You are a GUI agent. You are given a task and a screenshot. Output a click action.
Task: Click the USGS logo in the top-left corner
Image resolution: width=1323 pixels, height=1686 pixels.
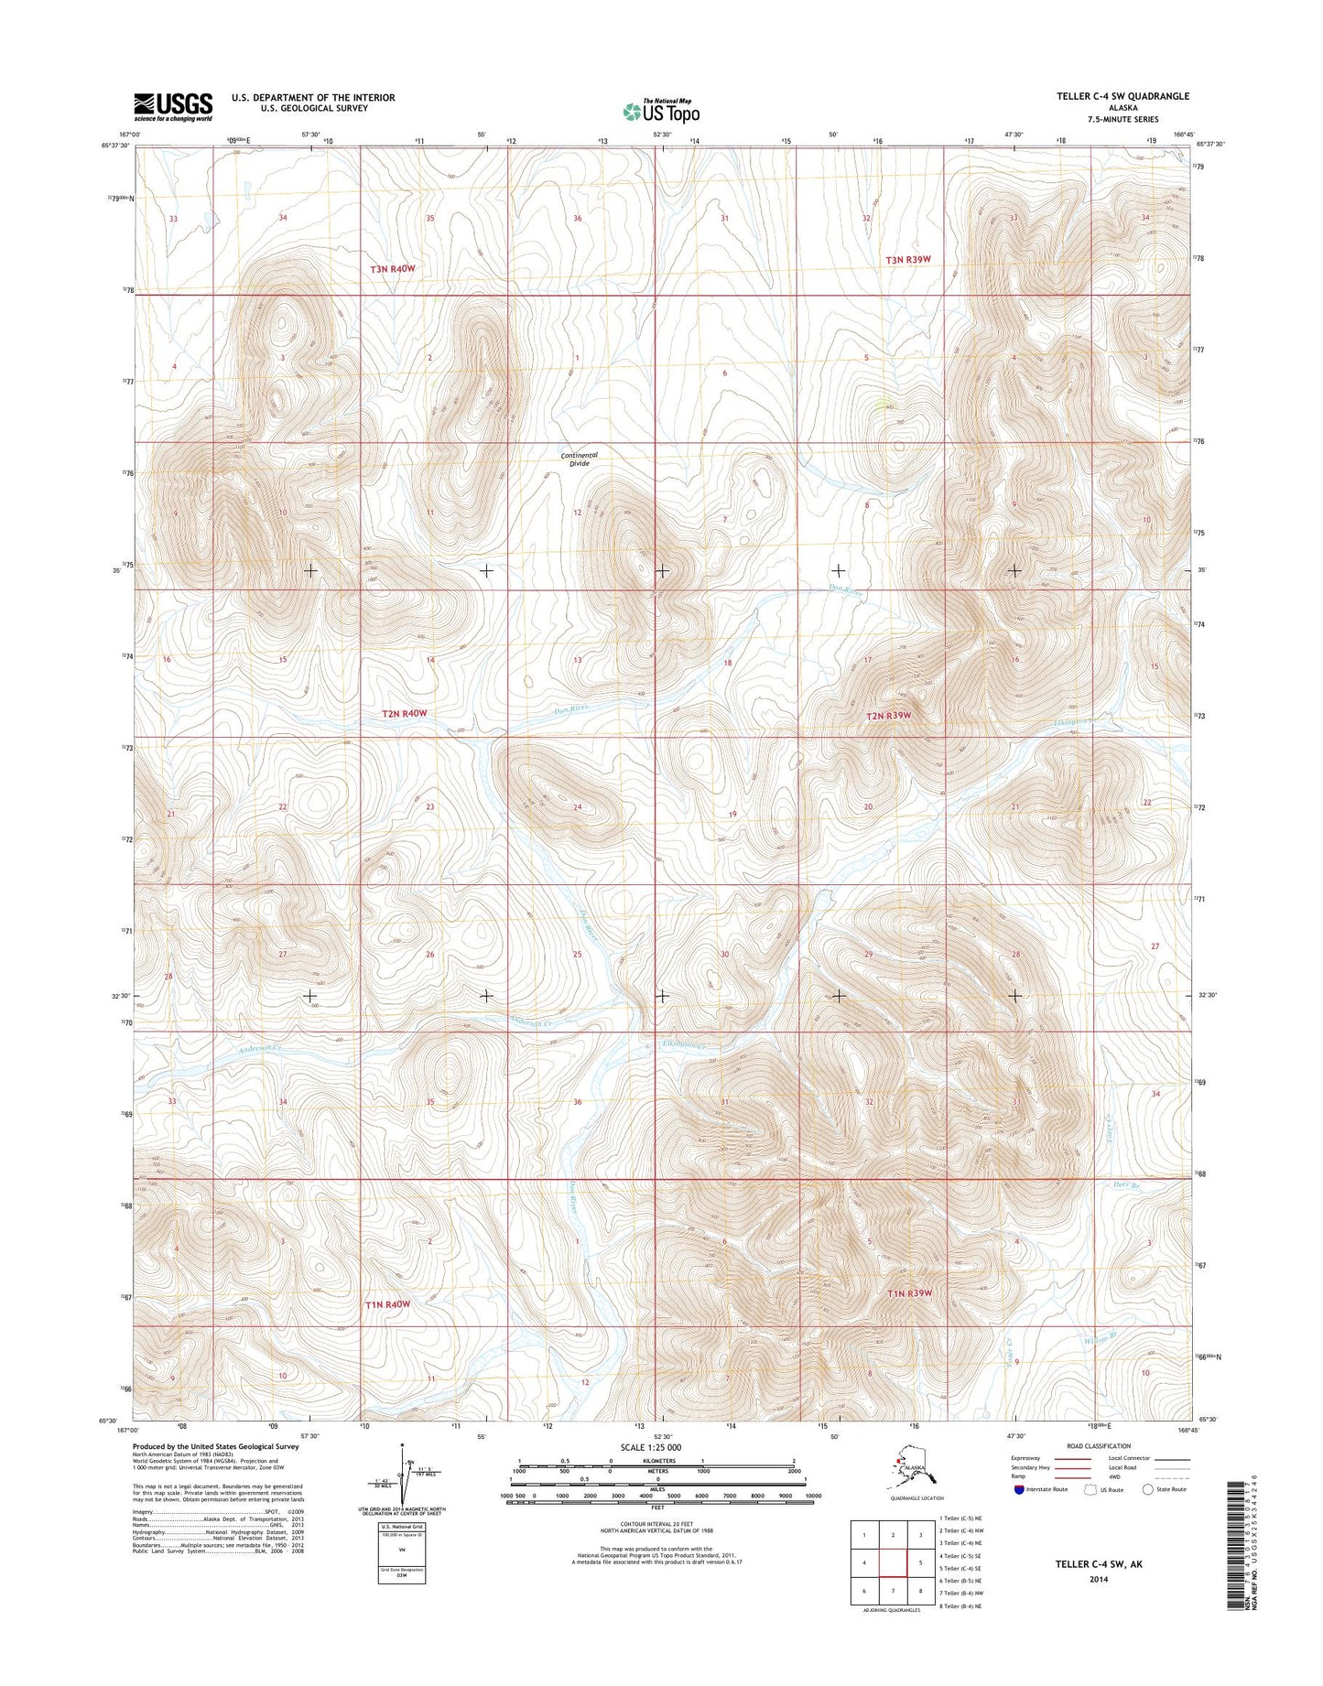pyautogui.click(x=173, y=106)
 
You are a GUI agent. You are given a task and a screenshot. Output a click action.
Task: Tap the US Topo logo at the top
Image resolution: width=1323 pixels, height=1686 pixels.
pyautogui.click(x=661, y=112)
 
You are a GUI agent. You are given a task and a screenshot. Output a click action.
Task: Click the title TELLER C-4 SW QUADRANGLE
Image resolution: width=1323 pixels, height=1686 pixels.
pyautogui.click(x=1122, y=96)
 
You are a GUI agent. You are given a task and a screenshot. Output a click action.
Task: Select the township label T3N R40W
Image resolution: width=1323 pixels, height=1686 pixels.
pyautogui.click(x=393, y=269)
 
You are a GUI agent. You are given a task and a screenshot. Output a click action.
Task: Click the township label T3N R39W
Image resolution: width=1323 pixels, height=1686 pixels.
pyautogui.click(x=907, y=260)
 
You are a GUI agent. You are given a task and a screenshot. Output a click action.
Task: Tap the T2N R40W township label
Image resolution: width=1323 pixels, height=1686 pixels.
pyautogui.click(x=405, y=713)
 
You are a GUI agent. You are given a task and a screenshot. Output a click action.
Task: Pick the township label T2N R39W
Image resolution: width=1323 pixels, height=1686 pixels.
pyautogui.click(x=888, y=716)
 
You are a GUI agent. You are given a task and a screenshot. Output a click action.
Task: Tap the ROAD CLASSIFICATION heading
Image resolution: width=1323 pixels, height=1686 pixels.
pyautogui.click(x=1098, y=1446)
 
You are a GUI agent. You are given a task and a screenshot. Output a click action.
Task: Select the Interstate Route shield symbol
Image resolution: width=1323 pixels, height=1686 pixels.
pyautogui.click(x=1019, y=1489)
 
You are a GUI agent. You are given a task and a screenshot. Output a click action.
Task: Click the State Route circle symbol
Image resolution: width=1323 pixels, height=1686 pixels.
pyautogui.click(x=1148, y=1489)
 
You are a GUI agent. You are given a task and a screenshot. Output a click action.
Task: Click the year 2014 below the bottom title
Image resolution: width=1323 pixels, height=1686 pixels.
pyautogui.click(x=1098, y=1578)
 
